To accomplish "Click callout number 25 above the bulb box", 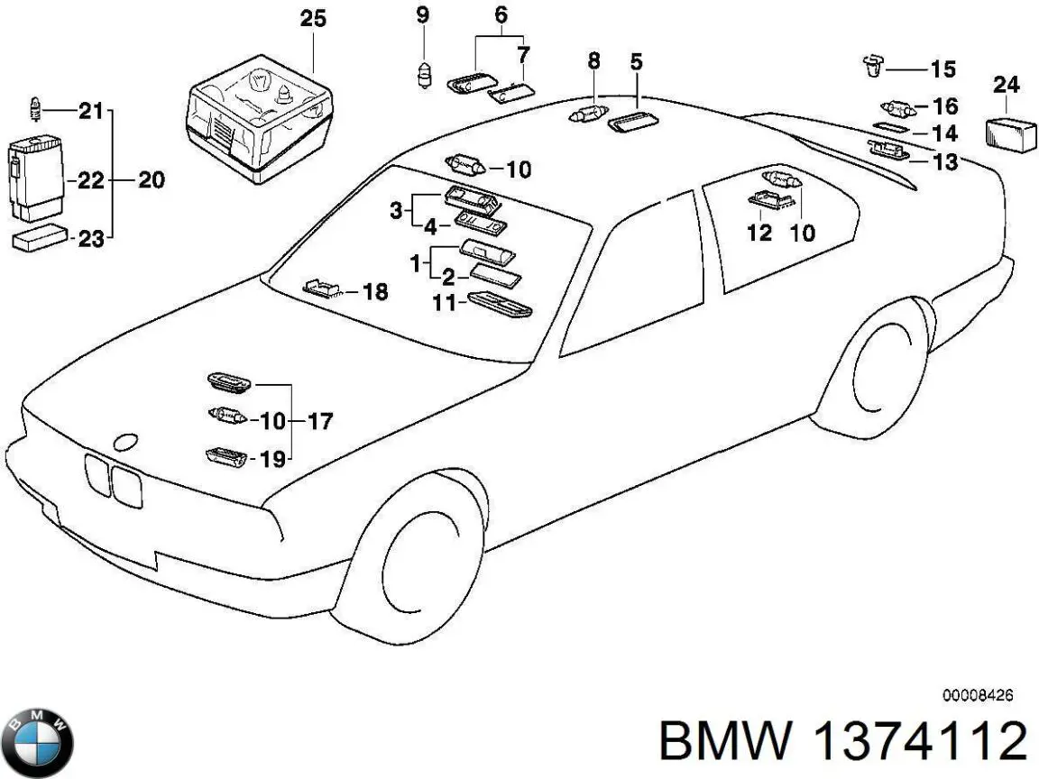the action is tap(313, 19).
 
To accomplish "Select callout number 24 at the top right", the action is tap(1006, 85).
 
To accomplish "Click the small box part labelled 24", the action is tap(1011, 135).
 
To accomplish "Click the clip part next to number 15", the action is tap(873, 66).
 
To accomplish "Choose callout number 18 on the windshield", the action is tap(375, 291).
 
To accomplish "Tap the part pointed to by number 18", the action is tap(321, 289).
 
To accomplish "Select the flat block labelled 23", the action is tap(40, 237).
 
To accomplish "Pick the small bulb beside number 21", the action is tap(36, 108).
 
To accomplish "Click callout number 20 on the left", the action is tap(152, 179).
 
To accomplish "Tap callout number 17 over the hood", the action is tap(320, 421).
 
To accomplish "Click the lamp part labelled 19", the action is tap(226, 457).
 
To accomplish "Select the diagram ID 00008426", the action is tap(978, 695).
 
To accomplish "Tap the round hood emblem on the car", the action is tap(125, 443).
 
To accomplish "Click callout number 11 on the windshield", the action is tap(444, 303).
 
